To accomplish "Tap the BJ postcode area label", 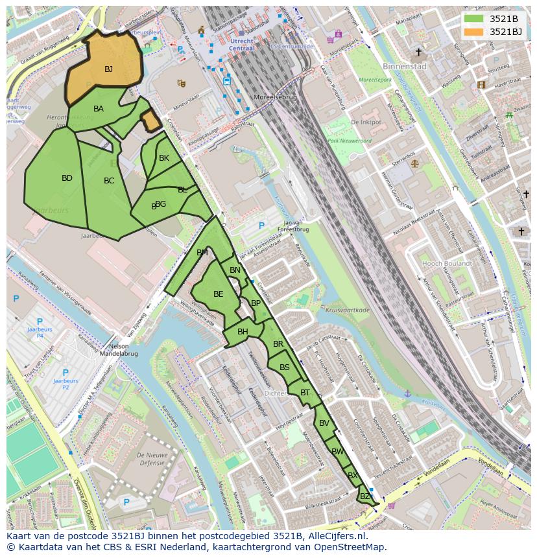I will tap(108, 69).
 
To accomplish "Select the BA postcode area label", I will tap(99, 109).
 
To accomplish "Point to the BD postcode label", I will tap(67, 178).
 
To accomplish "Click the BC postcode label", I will tap(109, 181).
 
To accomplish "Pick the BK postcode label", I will tap(164, 158).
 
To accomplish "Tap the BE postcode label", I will tap(219, 294).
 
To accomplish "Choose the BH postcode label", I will tap(243, 332).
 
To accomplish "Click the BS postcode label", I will tap(285, 367).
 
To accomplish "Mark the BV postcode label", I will tap(324, 423).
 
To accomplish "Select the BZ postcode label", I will tap(365, 496).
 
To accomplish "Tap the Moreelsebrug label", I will tap(274, 98).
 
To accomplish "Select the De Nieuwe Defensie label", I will tap(152, 459).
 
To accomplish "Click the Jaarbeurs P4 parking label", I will tap(40, 332).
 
